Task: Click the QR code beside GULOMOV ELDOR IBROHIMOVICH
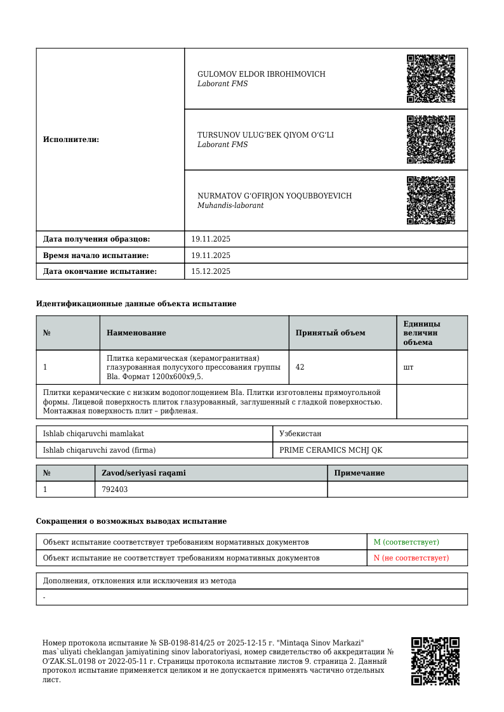point(431,79)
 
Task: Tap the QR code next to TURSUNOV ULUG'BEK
point(431,139)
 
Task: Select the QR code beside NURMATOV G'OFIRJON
point(431,200)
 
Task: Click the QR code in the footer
point(435,661)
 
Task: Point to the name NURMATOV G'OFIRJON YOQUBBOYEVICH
point(274,196)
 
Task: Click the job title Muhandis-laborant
point(230,206)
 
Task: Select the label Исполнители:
point(71,139)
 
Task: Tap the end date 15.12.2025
point(211,271)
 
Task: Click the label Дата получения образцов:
point(96,239)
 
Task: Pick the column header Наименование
point(136,333)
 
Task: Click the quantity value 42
point(300,367)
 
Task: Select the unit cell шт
point(408,367)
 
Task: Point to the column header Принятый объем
point(331,333)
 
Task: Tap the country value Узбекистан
point(300,434)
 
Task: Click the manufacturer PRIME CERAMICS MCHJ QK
point(331,450)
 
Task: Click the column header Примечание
point(359,473)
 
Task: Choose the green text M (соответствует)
point(406,542)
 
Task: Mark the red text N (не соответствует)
point(411,558)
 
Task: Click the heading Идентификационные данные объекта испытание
point(136,304)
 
